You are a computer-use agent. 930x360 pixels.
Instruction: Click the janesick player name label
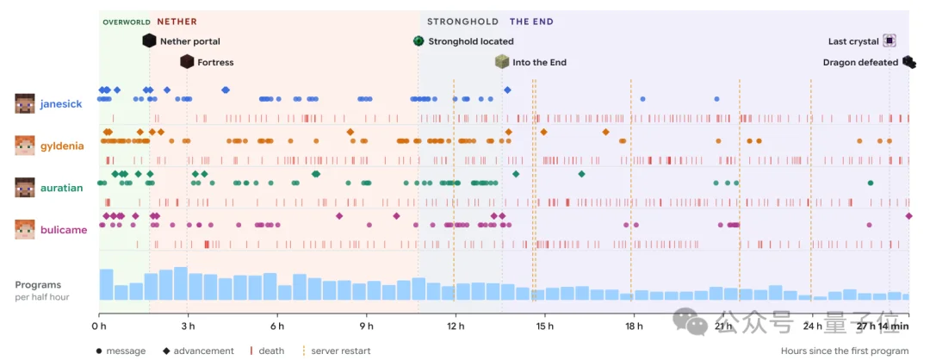point(61,104)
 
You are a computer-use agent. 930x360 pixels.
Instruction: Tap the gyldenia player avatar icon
point(25,146)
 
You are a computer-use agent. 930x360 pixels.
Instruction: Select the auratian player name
point(61,188)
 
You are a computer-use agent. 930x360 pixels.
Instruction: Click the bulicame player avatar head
point(25,230)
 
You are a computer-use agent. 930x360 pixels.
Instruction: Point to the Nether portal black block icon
point(150,41)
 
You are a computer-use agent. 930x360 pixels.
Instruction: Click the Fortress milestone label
point(215,62)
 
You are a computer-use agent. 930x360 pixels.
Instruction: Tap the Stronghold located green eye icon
point(418,41)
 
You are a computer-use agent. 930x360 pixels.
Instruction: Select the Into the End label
point(539,62)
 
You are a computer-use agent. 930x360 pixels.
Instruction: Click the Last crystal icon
point(889,41)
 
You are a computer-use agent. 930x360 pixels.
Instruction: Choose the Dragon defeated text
point(860,62)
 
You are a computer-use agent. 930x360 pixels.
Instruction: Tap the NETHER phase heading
point(177,22)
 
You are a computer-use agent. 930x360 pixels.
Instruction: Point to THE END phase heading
point(531,22)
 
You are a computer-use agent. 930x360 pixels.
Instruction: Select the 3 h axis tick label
point(188,326)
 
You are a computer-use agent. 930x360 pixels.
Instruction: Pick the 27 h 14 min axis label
point(883,326)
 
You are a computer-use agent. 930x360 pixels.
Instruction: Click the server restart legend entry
point(337,351)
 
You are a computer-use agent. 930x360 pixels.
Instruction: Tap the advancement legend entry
point(199,351)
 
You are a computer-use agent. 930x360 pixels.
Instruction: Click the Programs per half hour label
point(42,290)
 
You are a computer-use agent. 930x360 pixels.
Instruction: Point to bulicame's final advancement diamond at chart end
point(908,216)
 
